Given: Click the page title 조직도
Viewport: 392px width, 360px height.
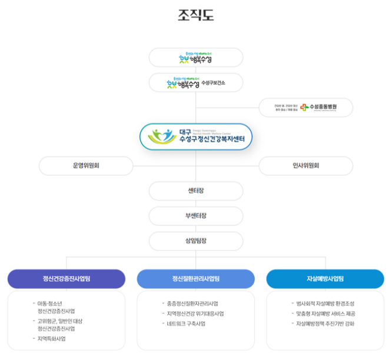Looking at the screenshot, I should coord(195,15).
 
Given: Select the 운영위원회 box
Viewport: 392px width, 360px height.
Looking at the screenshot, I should coord(86,166).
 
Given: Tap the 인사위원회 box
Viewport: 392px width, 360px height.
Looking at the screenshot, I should coord(305,166).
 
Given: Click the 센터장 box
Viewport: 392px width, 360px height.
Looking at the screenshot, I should coord(195,191).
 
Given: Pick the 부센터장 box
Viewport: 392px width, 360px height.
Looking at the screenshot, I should coord(195,216).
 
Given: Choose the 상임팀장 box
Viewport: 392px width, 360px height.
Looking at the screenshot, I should coord(195,241).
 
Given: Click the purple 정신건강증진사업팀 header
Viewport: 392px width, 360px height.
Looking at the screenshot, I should coord(67,278).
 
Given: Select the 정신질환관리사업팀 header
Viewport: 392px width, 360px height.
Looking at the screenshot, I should coord(195,278).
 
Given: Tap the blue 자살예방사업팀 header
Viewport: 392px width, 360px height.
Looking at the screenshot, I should coord(325,278).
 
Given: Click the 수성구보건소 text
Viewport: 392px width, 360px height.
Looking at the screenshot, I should coord(214,83).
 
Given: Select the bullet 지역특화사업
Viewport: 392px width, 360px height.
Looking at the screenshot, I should coord(52,339).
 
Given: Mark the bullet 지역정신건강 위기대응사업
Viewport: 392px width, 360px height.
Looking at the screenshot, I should coord(195,314).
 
